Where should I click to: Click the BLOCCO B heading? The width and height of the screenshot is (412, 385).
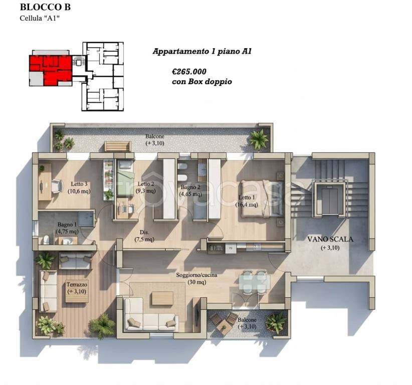pos(45,7)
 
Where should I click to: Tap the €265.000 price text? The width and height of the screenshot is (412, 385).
pos(189,72)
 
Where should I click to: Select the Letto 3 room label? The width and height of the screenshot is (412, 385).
pos(79,184)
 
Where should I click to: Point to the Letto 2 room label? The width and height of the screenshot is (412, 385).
pos(146,184)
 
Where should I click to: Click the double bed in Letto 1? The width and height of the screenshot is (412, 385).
pos(262,199)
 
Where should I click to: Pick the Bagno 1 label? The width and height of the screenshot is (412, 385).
pos(67,225)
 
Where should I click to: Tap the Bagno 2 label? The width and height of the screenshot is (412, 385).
pos(190,187)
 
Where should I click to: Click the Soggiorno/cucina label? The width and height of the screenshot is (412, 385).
pos(196,275)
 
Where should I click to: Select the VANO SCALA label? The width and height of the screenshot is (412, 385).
pos(330,240)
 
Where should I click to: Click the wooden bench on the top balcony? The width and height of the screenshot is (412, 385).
pos(118,146)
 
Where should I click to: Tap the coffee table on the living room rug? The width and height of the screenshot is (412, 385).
pos(162,298)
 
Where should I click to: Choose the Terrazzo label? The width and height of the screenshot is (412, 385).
pos(77,285)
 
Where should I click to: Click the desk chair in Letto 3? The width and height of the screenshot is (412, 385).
pos(57,186)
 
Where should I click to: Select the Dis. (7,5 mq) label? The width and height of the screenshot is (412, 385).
pos(144,236)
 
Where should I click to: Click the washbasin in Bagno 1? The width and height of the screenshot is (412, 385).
pos(69,241)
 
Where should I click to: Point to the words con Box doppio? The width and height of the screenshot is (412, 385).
pos(202,82)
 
